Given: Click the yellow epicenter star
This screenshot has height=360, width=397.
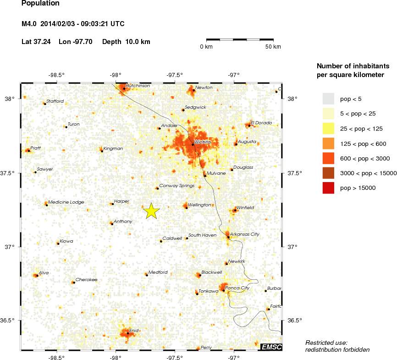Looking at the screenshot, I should coord(151,211).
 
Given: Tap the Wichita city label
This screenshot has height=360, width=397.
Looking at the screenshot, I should coord(202,142).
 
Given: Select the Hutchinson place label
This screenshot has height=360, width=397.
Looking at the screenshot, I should coord(138,86).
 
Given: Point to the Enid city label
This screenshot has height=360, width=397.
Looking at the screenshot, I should coord(133,330).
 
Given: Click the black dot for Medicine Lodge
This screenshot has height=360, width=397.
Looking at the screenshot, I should coord(47,205).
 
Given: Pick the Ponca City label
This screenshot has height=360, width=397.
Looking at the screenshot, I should coord(237,288).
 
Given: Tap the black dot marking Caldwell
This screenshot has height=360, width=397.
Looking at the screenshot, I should coord(161,241).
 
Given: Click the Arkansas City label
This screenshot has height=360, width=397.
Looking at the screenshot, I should coord(244,234).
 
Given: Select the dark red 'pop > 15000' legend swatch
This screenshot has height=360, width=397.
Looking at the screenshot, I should coord(329,188).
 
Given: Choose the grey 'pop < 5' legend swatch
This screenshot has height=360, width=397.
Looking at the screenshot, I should coord(329,98).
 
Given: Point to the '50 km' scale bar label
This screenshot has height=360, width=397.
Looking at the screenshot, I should coord(273,47).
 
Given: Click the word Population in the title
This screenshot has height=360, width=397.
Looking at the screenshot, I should coord(40,4).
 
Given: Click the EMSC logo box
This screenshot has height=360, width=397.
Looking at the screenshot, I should coord(271,347).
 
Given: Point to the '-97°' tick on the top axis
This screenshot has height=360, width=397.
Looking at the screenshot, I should coord(234,75).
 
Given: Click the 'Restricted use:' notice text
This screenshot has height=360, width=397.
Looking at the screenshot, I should coord(326,343).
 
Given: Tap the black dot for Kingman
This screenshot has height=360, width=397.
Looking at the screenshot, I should coord(102,151).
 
